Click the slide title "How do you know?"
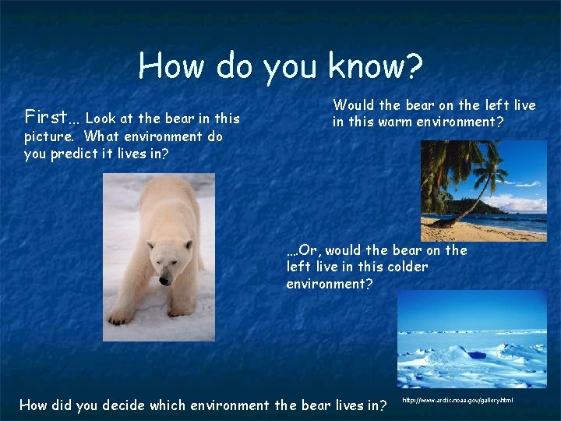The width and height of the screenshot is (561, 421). click(x=280, y=67)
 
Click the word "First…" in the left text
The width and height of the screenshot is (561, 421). click(x=51, y=118)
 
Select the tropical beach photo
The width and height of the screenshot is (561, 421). click(x=483, y=190)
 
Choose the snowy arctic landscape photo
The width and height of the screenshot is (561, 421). click(x=471, y=339)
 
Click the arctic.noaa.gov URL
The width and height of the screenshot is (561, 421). click(x=457, y=400)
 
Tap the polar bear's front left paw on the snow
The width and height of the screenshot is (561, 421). click(x=120, y=317)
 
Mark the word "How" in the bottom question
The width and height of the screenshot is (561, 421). click(x=34, y=405)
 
